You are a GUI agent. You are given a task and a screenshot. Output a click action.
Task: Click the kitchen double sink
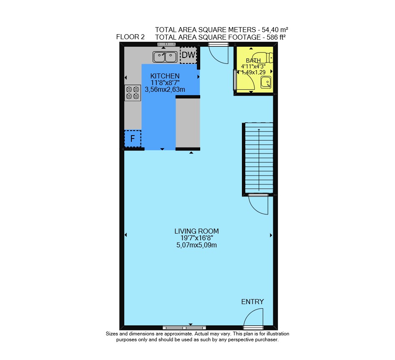coord(165,57)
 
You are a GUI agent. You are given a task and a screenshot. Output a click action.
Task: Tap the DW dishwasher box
coord(189,55)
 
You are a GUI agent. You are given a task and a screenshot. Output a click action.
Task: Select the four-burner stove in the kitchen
coord(133,93)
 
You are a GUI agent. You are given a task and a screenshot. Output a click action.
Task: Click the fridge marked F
coord(133,138)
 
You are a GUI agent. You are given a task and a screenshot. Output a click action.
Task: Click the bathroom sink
coord(266,82)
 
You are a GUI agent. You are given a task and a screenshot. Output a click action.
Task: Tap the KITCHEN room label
coord(165,76)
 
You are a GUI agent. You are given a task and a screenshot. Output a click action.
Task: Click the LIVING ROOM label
coord(196,231)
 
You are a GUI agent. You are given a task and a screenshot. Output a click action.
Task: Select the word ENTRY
coord(252,302)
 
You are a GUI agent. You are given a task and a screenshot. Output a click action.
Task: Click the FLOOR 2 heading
coord(130,37)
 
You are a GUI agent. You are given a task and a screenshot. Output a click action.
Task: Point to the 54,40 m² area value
coord(275,30)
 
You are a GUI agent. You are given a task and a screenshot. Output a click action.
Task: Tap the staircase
coord(259,158)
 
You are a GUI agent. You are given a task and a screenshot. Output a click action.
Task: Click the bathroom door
coord(244,80)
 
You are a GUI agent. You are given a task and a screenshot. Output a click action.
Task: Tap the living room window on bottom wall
coord(184,328)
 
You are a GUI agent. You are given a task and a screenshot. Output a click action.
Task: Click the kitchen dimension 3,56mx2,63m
coord(165,89)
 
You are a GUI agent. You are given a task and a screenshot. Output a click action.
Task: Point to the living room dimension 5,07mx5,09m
coord(196,245)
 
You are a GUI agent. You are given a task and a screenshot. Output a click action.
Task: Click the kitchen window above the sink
coord(166,44)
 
